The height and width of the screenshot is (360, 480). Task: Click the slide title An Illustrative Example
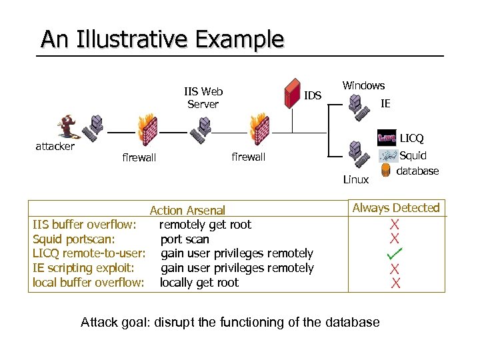click(x=162, y=39)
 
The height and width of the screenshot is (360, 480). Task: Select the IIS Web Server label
click(x=203, y=98)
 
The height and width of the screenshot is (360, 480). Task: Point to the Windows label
click(x=363, y=85)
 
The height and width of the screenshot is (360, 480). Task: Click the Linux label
click(x=355, y=179)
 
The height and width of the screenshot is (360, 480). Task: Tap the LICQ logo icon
click(x=387, y=138)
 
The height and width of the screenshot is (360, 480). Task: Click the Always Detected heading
click(x=396, y=208)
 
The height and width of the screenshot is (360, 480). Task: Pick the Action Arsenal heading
click(x=187, y=211)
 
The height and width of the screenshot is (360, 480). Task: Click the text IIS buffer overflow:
click(x=85, y=225)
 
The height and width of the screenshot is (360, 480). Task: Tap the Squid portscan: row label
click(x=74, y=239)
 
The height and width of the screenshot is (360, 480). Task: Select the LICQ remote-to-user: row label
click(x=89, y=253)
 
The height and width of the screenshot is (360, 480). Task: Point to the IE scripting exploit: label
click(x=83, y=268)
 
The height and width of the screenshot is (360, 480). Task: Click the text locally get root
click(x=199, y=283)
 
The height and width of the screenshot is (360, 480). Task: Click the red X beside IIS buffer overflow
click(x=395, y=225)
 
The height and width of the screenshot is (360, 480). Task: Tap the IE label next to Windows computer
click(x=385, y=103)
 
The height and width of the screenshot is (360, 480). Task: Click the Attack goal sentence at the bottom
click(x=230, y=323)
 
